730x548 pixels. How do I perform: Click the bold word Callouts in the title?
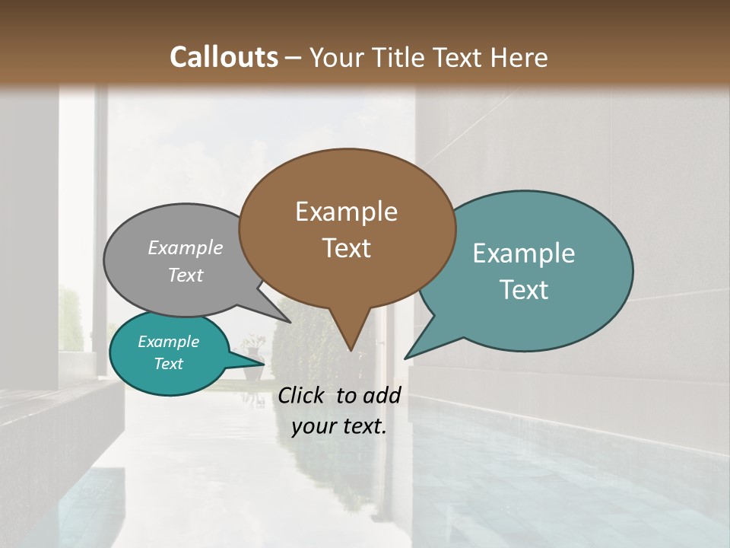pyautogui.click(x=224, y=57)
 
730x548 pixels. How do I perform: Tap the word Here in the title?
pyautogui.click(x=520, y=57)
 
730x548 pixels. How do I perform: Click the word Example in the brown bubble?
pyautogui.click(x=346, y=212)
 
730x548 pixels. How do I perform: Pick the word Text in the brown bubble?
pyautogui.click(x=346, y=248)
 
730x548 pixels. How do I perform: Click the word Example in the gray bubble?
pyautogui.click(x=186, y=247)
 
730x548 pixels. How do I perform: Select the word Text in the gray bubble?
pyautogui.click(x=186, y=275)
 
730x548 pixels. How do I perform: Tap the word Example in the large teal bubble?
pyautogui.click(x=524, y=253)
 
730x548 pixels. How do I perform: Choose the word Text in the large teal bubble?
pyautogui.click(x=524, y=290)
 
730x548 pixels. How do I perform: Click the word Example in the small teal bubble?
pyautogui.click(x=168, y=342)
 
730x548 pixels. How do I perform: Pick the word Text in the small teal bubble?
pyautogui.click(x=168, y=364)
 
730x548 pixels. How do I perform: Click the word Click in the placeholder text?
pyautogui.click(x=302, y=395)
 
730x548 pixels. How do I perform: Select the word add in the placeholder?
pyautogui.click(x=382, y=395)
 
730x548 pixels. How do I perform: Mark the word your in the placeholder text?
pyautogui.click(x=313, y=426)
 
